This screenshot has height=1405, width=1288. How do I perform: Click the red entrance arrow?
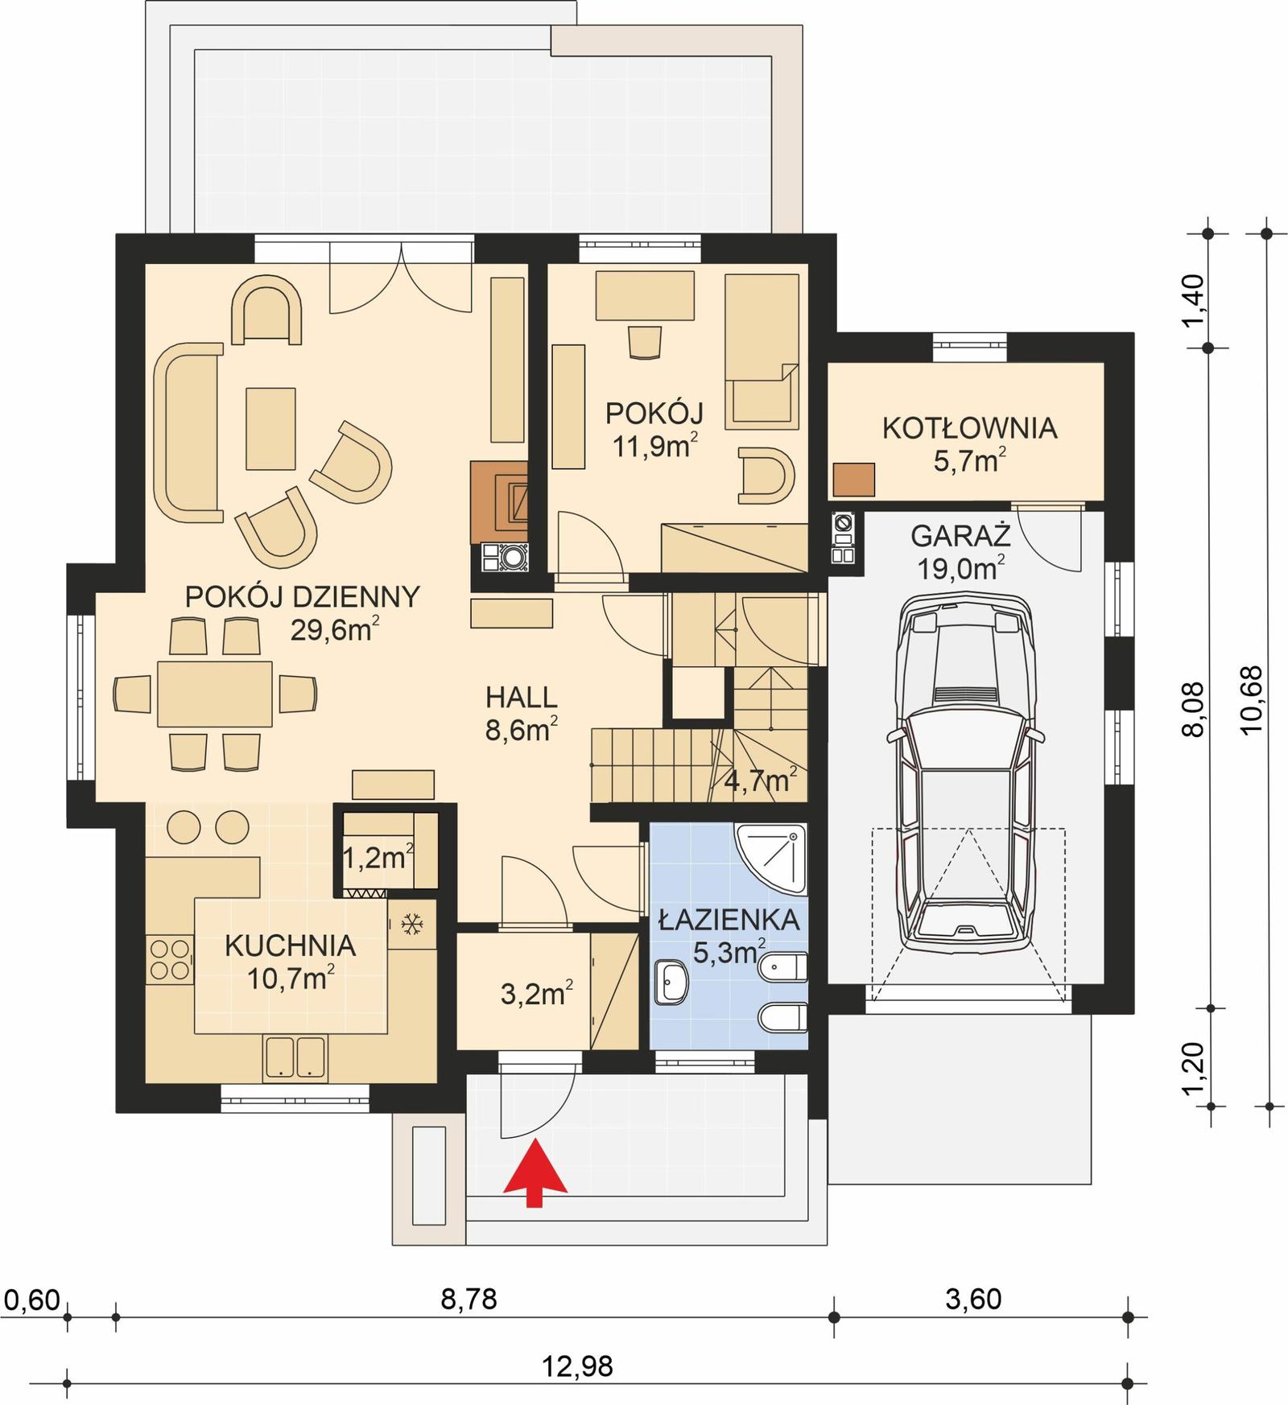(x=535, y=1177)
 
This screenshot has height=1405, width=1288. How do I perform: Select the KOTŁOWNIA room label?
(x=969, y=428)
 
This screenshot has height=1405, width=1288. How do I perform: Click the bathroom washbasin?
(x=671, y=983)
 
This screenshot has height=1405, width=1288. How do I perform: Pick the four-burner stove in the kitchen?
(x=170, y=959)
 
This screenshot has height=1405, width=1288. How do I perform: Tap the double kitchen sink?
(x=294, y=1057)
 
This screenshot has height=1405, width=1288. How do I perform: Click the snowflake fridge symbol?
(x=412, y=925)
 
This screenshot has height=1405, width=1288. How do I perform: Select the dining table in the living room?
(x=214, y=693)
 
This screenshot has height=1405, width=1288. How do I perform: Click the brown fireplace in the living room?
(x=499, y=501)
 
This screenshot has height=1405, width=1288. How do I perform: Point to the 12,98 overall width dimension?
(x=577, y=1366)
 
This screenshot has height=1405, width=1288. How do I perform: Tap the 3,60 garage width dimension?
(x=973, y=1299)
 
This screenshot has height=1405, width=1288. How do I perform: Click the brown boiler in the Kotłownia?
(x=853, y=480)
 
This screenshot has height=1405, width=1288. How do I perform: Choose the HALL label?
(x=522, y=697)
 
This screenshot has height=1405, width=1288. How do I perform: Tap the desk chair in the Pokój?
(x=645, y=341)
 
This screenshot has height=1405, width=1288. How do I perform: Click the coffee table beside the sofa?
(x=270, y=428)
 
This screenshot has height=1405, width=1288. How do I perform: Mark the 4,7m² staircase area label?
(x=761, y=780)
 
